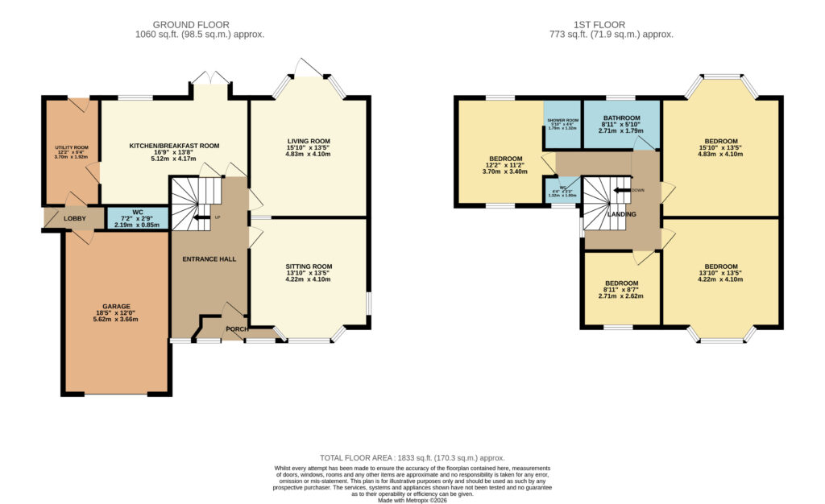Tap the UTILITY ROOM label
pos(71,148)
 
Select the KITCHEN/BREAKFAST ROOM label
pos(175,146)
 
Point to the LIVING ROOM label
pos(309,141)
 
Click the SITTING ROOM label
pos(309,266)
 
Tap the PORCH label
pos(237,329)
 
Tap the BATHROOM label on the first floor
pos(621,118)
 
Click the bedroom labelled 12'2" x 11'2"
pos(504,159)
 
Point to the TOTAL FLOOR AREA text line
pos(412,456)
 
